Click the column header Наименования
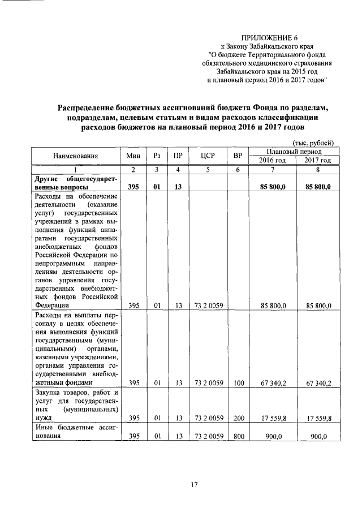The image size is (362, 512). point(76,156)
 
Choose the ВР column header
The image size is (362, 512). point(238,156)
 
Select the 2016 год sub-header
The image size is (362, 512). point(273,161)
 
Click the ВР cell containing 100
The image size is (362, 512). point(238,383)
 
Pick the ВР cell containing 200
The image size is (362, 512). point(238,418)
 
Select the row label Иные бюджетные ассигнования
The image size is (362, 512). point(76,432)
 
